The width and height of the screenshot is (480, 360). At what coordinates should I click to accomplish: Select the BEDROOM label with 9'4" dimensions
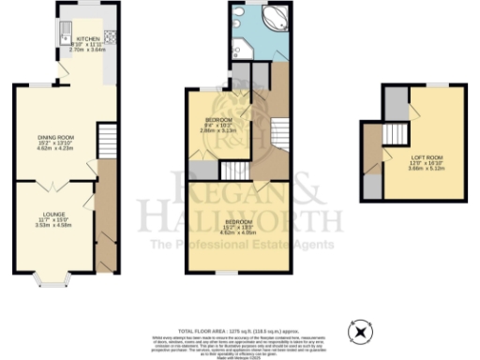(x=220, y=121)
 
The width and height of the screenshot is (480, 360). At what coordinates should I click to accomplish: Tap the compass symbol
(x=359, y=332)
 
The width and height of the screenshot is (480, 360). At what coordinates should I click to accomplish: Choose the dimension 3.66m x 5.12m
(x=423, y=169)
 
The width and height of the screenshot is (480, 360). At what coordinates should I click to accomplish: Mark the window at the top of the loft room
(x=434, y=85)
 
